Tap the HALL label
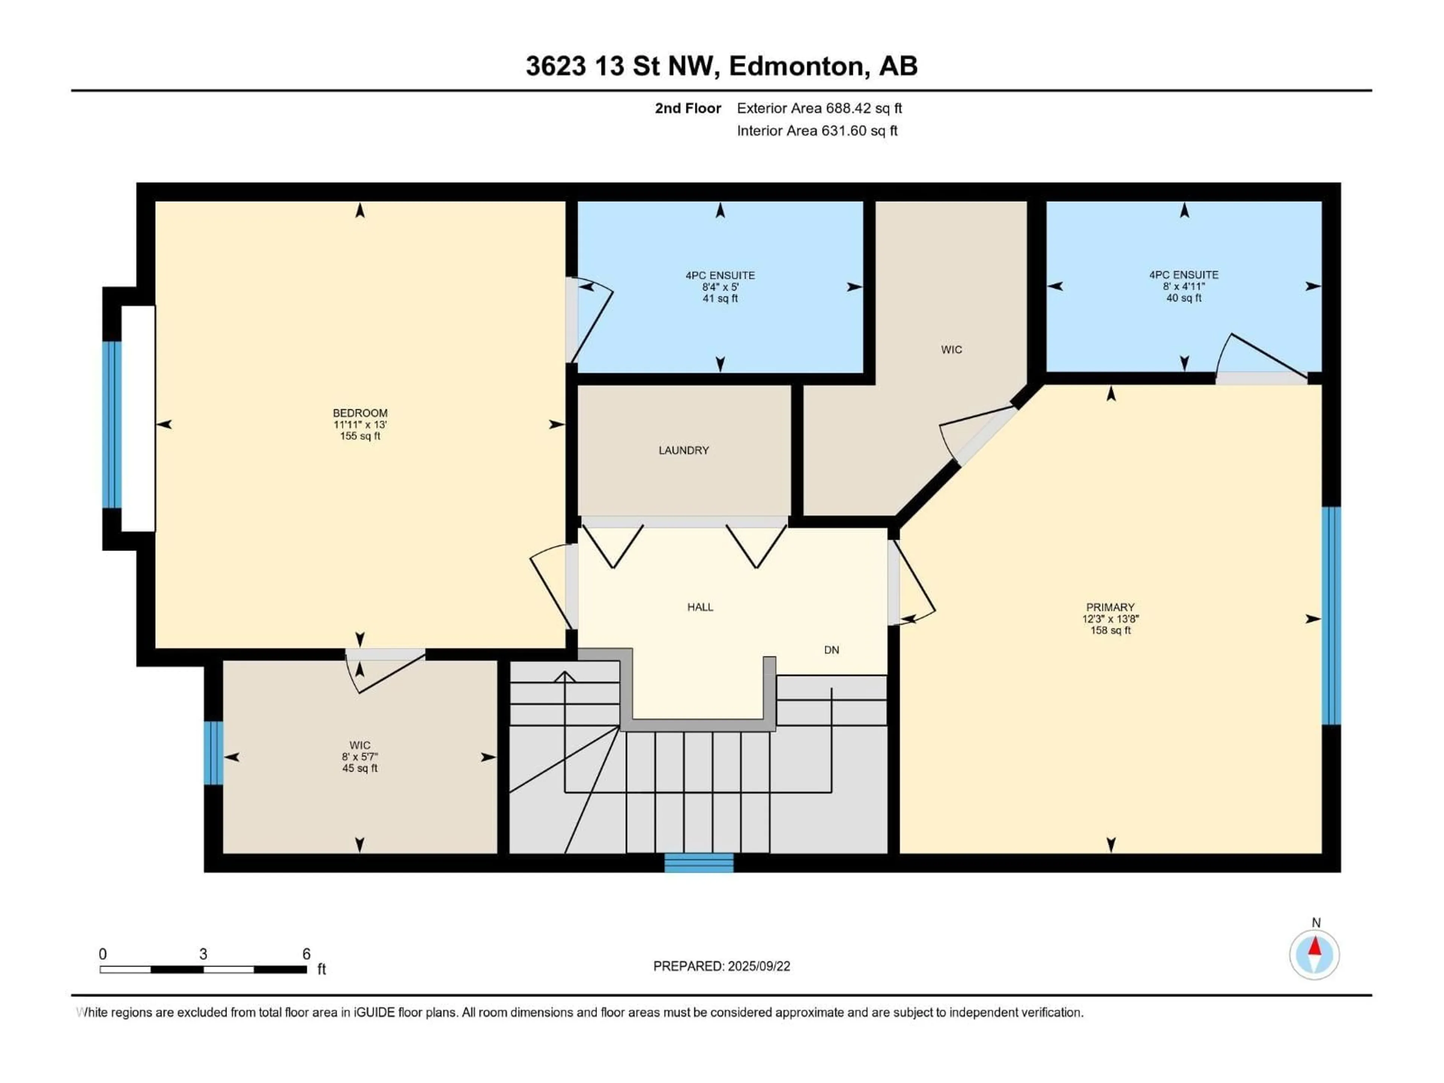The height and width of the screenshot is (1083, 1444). [x=700, y=607]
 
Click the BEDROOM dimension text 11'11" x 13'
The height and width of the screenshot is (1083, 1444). [x=360, y=424]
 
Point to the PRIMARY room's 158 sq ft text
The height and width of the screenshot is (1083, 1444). [x=1110, y=631]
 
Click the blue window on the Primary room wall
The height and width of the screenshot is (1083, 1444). [x=1331, y=616]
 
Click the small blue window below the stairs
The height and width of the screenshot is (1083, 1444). [x=699, y=863]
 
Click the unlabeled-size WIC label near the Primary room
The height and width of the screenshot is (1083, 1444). [x=951, y=350]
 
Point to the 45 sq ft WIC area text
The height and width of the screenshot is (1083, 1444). [x=360, y=768]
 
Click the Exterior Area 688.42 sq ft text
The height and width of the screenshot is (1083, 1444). [x=819, y=108]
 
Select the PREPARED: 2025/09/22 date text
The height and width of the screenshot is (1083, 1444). [x=721, y=966]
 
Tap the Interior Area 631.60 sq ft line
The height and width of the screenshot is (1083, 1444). [x=817, y=130]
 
